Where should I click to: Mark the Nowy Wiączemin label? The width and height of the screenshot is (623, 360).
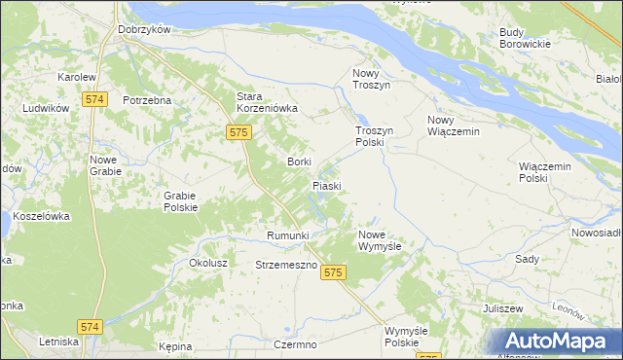point(454,126)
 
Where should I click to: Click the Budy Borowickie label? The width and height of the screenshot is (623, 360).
point(525,38)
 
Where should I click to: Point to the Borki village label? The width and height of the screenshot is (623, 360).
point(299,162)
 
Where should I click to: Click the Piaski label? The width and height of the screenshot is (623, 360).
point(326,185)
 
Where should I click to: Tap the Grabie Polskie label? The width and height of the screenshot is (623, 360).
point(180,200)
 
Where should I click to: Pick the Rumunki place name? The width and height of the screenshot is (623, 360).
point(287,235)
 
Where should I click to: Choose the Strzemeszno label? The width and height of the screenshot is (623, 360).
point(287,265)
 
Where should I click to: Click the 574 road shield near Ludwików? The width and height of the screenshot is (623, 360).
point(93,99)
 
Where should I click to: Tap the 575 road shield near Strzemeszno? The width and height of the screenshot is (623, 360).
point(334,273)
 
